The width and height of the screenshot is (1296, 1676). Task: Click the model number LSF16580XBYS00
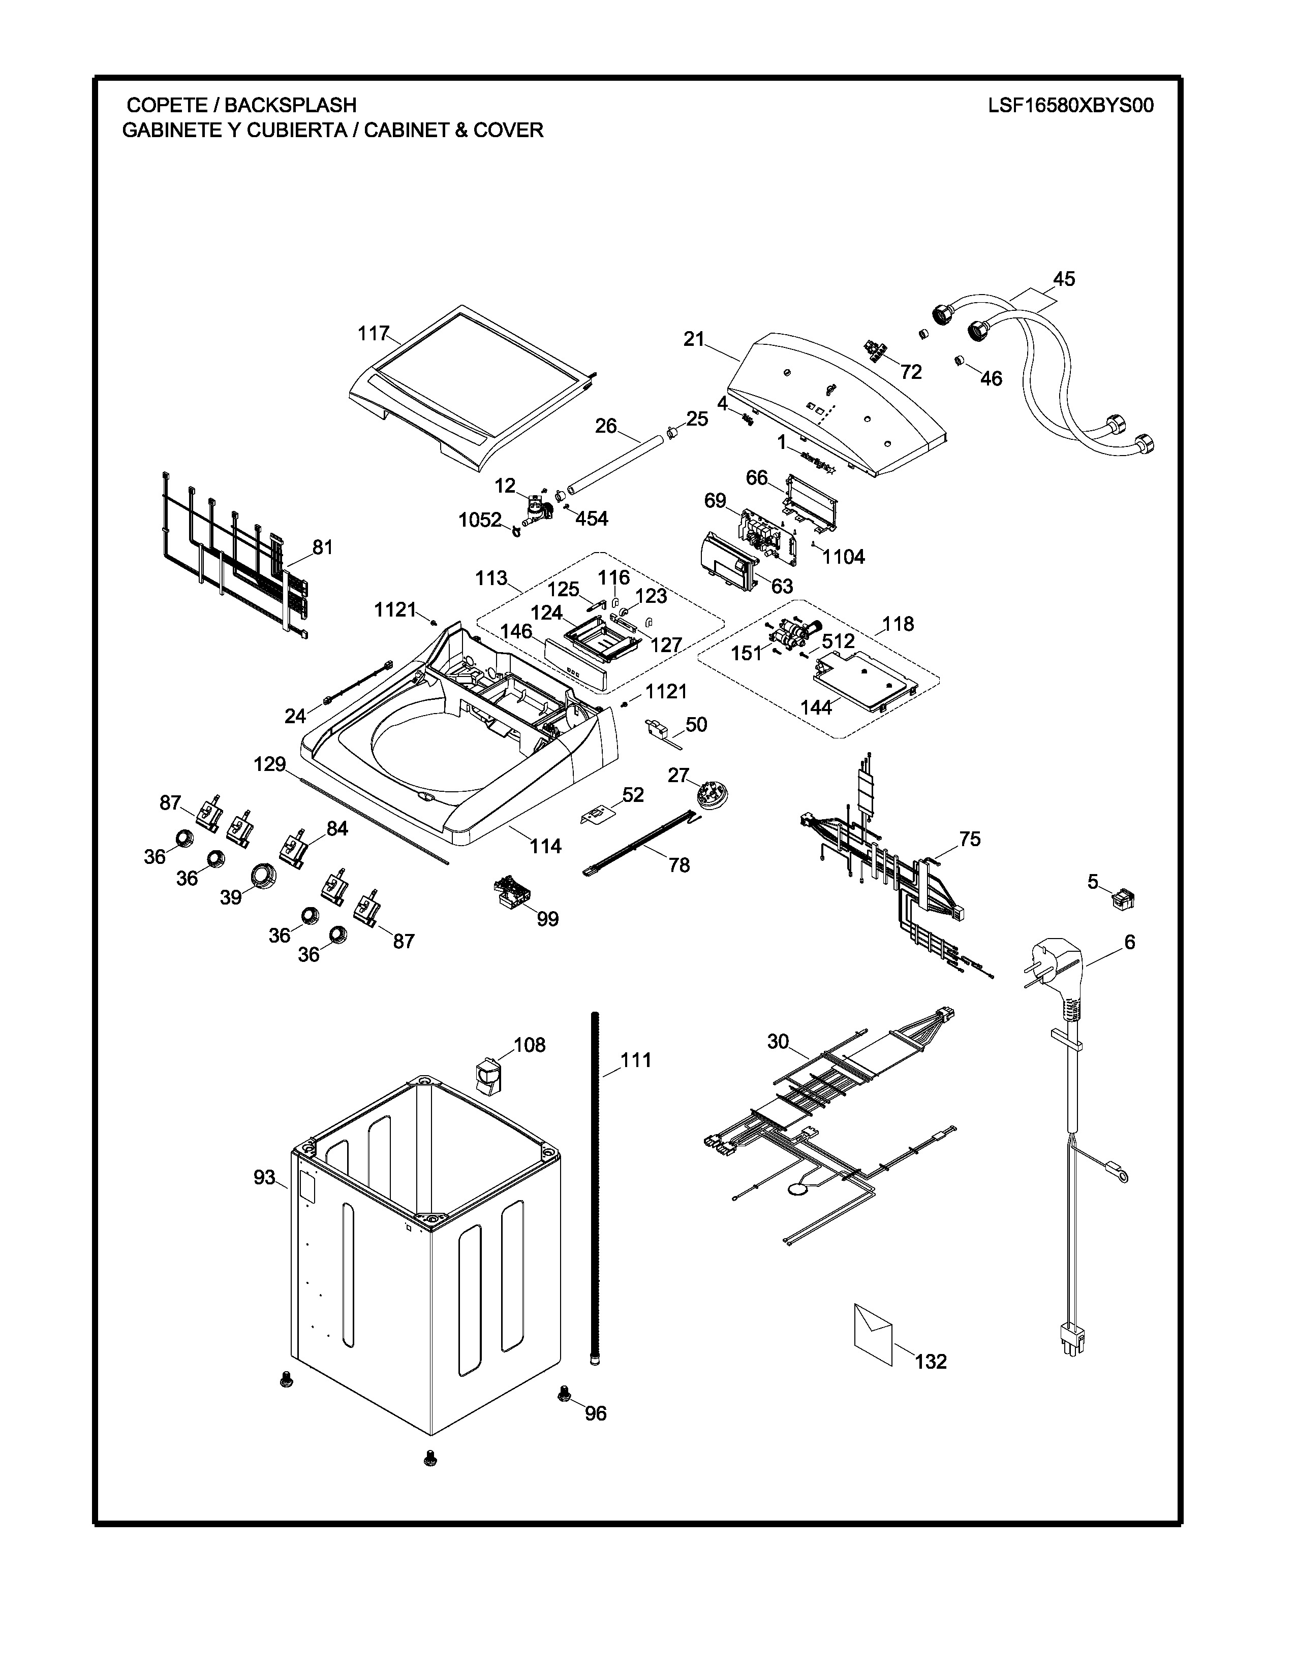coord(1070,105)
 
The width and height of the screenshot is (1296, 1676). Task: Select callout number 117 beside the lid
coord(374,333)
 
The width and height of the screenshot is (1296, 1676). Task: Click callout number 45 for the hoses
coord(1063,278)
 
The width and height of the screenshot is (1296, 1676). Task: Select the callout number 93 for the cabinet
coord(264,1177)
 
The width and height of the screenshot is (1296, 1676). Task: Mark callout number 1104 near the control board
coord(843,557)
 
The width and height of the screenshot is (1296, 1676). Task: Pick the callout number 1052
coord(480,520)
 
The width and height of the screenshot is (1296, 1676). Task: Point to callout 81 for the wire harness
coord(322,547)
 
